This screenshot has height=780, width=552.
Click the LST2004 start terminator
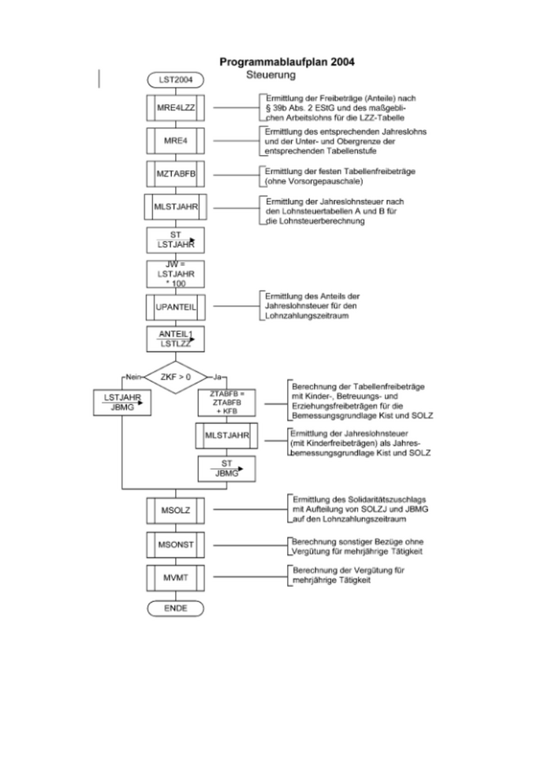[x=175, y=80]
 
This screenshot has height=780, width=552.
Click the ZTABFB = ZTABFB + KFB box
[x=228, y=402]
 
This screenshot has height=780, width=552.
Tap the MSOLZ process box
[x=175, y=510]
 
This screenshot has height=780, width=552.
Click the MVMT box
[x=175, y=579]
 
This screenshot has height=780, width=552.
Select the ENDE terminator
[x=175, y=609]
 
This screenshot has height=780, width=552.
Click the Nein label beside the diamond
[x=132, y=377]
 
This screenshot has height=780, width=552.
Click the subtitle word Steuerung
[x=270, y=76]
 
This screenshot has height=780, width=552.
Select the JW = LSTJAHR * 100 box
[x=175, y=273]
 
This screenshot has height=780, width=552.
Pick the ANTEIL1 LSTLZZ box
[x=175, y=340]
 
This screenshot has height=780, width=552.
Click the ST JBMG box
[x=228, y=468]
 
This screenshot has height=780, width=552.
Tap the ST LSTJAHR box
[x=175, y=240]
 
